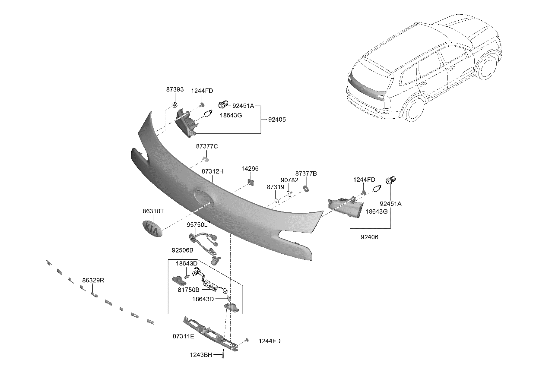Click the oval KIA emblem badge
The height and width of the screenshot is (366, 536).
coord(152,228)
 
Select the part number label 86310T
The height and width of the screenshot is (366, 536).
coord(153,211)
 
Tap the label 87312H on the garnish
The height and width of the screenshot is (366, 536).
coord(212,171)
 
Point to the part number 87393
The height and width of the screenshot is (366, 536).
coord(175,90)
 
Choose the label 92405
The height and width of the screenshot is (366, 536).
coord(276,119)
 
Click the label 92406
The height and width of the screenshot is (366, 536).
coord(369,237)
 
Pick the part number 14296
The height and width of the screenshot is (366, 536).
coord(250,169)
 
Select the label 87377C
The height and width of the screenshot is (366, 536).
coord(207,146)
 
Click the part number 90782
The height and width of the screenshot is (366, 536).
coord(289,180)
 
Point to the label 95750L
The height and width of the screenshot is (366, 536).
coord(197,225)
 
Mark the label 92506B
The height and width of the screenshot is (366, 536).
coord(182,250)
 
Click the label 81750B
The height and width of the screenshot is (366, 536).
coord(188,290)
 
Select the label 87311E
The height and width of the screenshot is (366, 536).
coord(183,336)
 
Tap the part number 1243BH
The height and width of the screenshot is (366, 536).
coord(201,355)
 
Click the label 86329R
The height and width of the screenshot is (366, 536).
coord(93,280)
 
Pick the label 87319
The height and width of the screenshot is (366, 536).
coord(275,187)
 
